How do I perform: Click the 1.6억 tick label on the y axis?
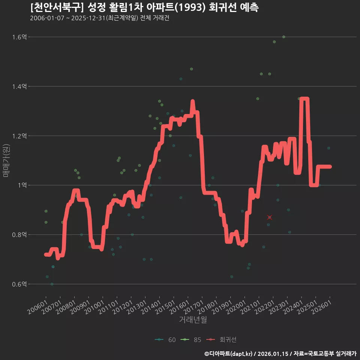(19, 37)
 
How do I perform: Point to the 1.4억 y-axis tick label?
(19, 86)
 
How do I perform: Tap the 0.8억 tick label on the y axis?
(19, 235)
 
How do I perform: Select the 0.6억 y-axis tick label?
(19, 284)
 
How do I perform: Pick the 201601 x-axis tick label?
(180, 307)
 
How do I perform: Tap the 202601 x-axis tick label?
(322, 307)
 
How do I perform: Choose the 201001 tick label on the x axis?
(94, 307)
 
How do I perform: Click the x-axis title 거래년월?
(193, 319)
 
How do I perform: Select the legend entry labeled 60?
(165, 340)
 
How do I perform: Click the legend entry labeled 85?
(191, 340)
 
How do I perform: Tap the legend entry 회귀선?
(221, 340)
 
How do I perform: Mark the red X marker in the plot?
(270, 217)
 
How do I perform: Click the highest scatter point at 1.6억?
(284, 37)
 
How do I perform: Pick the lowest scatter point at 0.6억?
(52, 284)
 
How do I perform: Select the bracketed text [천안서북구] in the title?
(57, 7)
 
